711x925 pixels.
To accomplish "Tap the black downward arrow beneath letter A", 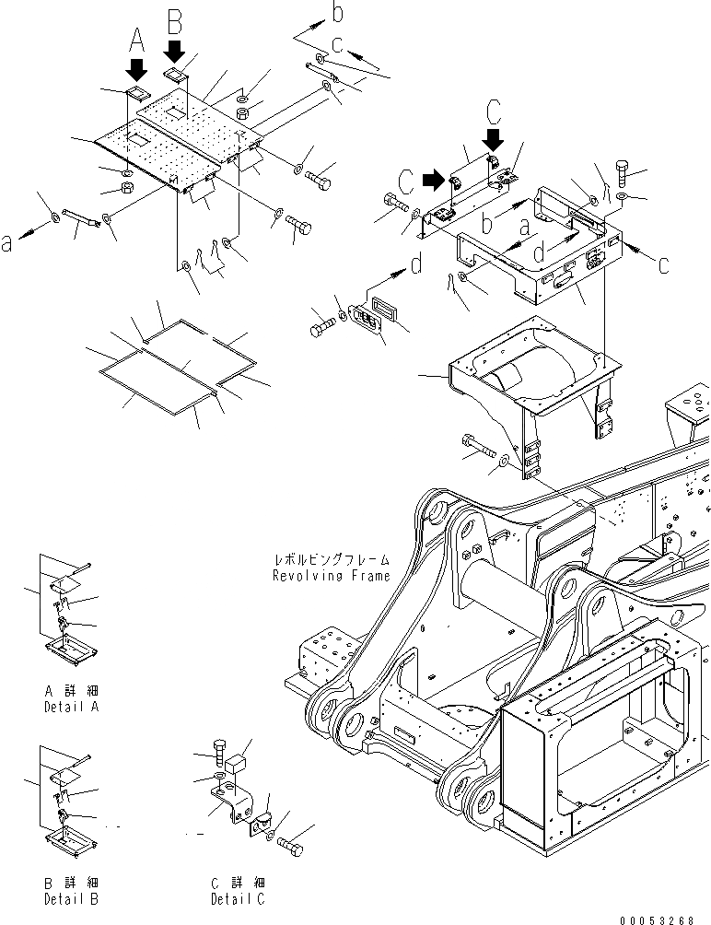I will (137, 69).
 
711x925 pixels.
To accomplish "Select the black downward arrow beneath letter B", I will (176, 49).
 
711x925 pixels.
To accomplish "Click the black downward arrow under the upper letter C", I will (495, 138).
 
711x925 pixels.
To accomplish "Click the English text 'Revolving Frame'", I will (331, 576).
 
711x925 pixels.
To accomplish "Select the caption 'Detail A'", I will (71, 707).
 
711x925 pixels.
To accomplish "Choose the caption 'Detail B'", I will (71, 897).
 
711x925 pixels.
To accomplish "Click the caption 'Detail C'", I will (237, 897).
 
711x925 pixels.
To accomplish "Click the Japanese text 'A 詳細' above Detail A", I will (71, 691).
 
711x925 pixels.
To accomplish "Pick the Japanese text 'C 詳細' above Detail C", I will (237, 882).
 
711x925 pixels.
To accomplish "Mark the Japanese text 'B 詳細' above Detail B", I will (71, 882).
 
